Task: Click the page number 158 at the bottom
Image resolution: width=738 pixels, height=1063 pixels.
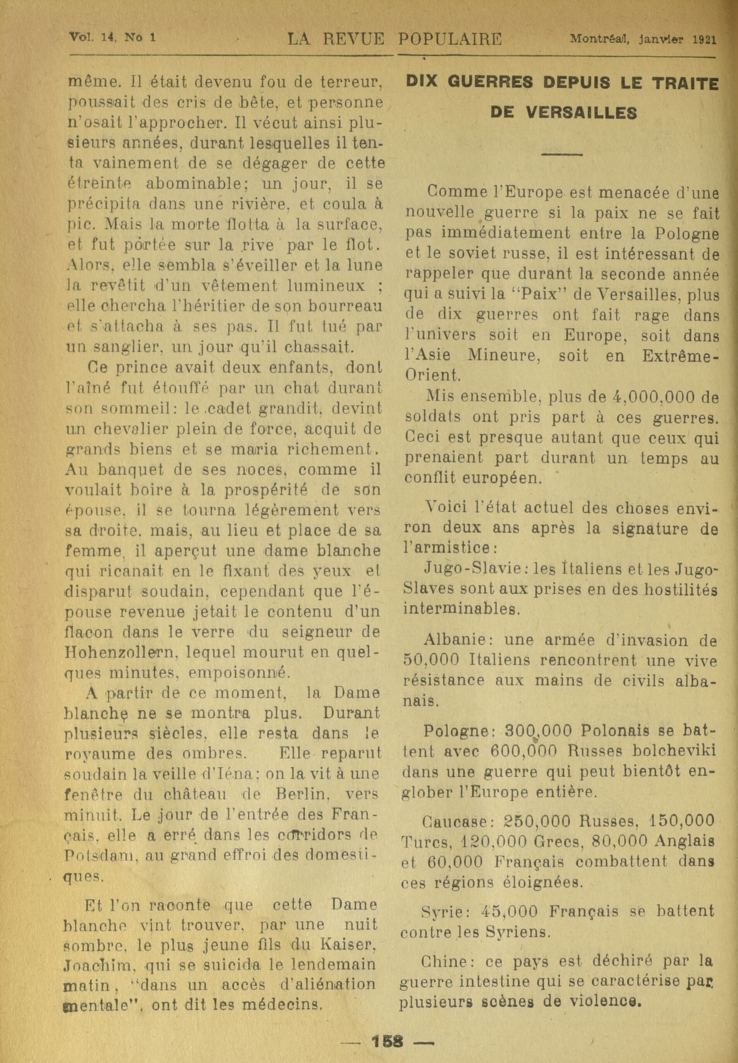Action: point(387,1027)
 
